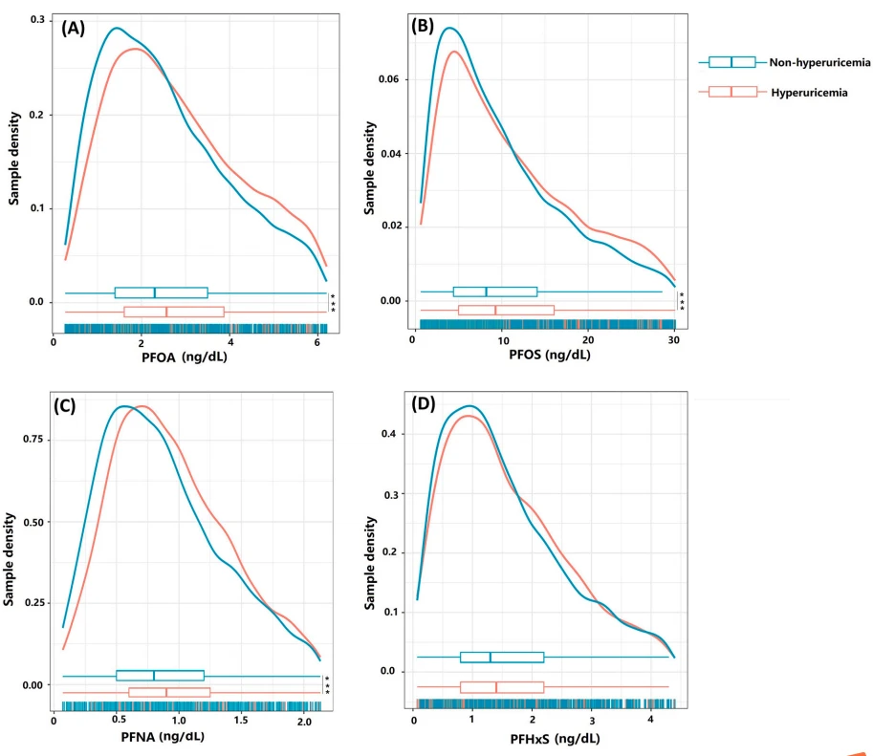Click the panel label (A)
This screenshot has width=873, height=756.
[x=74, y=28]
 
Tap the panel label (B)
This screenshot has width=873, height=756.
[x=423, y=26]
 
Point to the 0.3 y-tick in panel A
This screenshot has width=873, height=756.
[x=36, y=20]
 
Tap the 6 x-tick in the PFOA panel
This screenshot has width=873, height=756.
[x=317, y=342]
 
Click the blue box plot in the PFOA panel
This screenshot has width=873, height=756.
[x=161, y=292]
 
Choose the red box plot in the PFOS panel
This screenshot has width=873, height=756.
[x=506, y=310]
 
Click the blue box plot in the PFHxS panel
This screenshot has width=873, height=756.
[x=502, y=657]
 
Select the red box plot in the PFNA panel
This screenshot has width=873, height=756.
[x=169, y=692]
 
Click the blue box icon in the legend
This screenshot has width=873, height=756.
[x=731, y=62]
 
